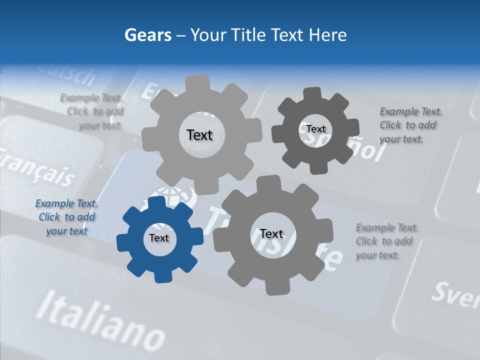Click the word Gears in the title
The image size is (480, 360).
pyautogui.click(x=147, y=35)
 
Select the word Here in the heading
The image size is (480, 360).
pyautogui.click(x=328, y=35)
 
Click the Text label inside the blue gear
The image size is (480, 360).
pyautogui.click(x=159, y=238)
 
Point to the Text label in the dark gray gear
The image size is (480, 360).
pyautogui.click(x=316, y=129)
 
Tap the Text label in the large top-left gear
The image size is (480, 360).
pyautogui.click(x=199, y=135)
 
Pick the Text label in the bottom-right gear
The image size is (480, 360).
pyautogui.click(x=271, y=233)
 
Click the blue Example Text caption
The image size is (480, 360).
pyautogui.click(x=66, y=217)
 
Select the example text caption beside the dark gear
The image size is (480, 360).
pyautogui.click(x=410, y=125)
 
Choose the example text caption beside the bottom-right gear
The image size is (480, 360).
pyautogui.click(x=387, y=241)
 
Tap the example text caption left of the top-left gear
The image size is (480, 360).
pyautogui.click(x=92, y=111)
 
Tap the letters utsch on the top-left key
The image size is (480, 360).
pyautogui.click(x=70, y=74)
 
